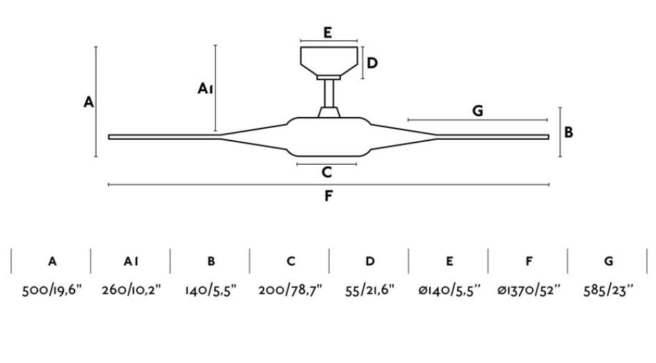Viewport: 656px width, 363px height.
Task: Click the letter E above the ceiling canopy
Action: coord(328,32)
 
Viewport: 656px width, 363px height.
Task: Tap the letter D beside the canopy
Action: coord(372,63)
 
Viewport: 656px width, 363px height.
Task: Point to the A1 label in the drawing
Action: coord(205,88)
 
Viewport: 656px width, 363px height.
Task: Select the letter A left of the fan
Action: coord(88,102)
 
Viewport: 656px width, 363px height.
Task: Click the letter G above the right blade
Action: coord(477,111)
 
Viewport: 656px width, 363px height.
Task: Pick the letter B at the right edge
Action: coord(568,132)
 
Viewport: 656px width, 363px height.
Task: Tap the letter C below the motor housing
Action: coord(327,172)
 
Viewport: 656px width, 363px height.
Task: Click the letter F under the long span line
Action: coord(328,195)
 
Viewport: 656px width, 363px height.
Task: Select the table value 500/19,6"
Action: coord(52,290)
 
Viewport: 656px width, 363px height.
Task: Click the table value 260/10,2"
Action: coord(131,290)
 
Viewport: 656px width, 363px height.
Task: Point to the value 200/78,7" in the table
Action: coord(290,290)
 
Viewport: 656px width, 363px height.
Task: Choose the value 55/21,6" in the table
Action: coord(370,290)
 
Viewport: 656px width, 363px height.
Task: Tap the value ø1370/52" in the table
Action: coord(529,290)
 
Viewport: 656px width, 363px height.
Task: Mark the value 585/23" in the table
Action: coord(609,290)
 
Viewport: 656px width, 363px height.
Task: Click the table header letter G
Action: coord(609,261)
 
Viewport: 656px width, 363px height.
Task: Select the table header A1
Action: coord(131,261)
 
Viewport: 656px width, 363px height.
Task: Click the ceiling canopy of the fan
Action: coord(329,61)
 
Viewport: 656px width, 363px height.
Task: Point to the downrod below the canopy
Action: coord(329,93)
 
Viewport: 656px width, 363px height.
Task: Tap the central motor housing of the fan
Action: coord(329,137)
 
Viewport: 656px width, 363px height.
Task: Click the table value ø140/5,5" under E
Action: coord(449,290)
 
